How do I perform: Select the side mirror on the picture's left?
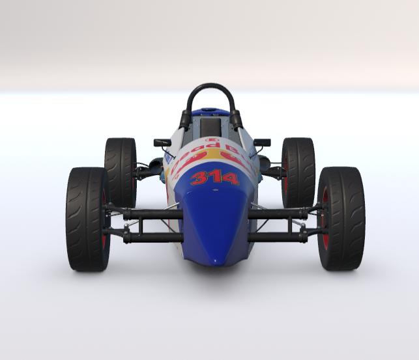[x=162, y=143]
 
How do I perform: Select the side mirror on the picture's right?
[x=262, y=142]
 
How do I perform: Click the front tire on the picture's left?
[x=87, y=219]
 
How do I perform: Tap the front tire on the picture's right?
[x=341, y=218]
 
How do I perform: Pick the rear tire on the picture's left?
[x=120, y=171]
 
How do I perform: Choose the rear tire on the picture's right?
[x=298, y=171]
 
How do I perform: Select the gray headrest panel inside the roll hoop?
[x=210, y=126]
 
